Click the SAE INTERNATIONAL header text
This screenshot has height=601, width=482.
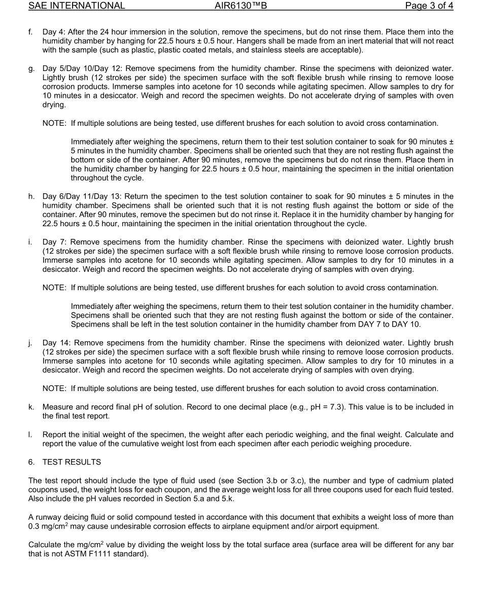tap(77, 6)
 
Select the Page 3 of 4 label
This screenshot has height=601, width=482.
tap(429, 6)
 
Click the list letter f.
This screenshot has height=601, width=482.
tap(31, 32)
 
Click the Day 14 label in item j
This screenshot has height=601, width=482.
tap(56, 343)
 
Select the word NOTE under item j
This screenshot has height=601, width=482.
tap(54, 388)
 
